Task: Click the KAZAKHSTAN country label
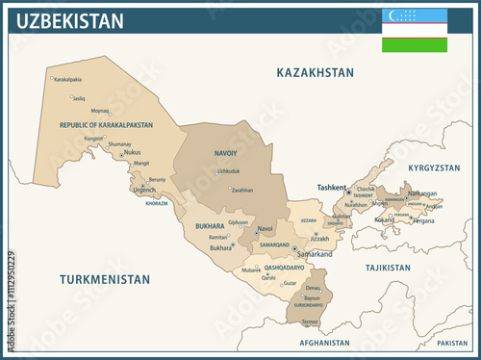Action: click(316, 72)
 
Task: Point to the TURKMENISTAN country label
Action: click(105, 280)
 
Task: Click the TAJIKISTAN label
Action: click(381, 269)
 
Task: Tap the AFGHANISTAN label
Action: click(324, 343)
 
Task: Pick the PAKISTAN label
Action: click(451, 343)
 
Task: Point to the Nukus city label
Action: click(134, 152)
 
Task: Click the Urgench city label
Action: click(144, 190)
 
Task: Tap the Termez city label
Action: click(309, 321)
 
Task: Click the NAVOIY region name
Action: click(227, 151)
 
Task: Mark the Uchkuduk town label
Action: click(229, 171)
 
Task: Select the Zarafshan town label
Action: click(241, 190)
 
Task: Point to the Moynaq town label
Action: click(100, 111)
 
